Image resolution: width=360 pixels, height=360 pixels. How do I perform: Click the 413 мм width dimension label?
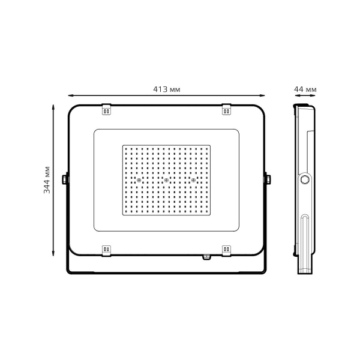coord(167,89)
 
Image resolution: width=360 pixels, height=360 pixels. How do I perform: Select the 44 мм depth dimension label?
coord(305,89)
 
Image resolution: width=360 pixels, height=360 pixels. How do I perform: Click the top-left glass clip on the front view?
coord(106,109)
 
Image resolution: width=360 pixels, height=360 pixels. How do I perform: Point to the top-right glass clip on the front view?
coord(227,109)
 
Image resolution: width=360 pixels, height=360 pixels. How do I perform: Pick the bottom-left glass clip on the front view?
coord(106,249)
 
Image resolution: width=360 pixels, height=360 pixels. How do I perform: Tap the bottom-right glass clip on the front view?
coord(227,249)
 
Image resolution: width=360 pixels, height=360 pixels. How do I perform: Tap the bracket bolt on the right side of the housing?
coord(268,179)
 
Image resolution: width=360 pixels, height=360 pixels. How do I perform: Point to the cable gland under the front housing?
coord(207,257)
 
